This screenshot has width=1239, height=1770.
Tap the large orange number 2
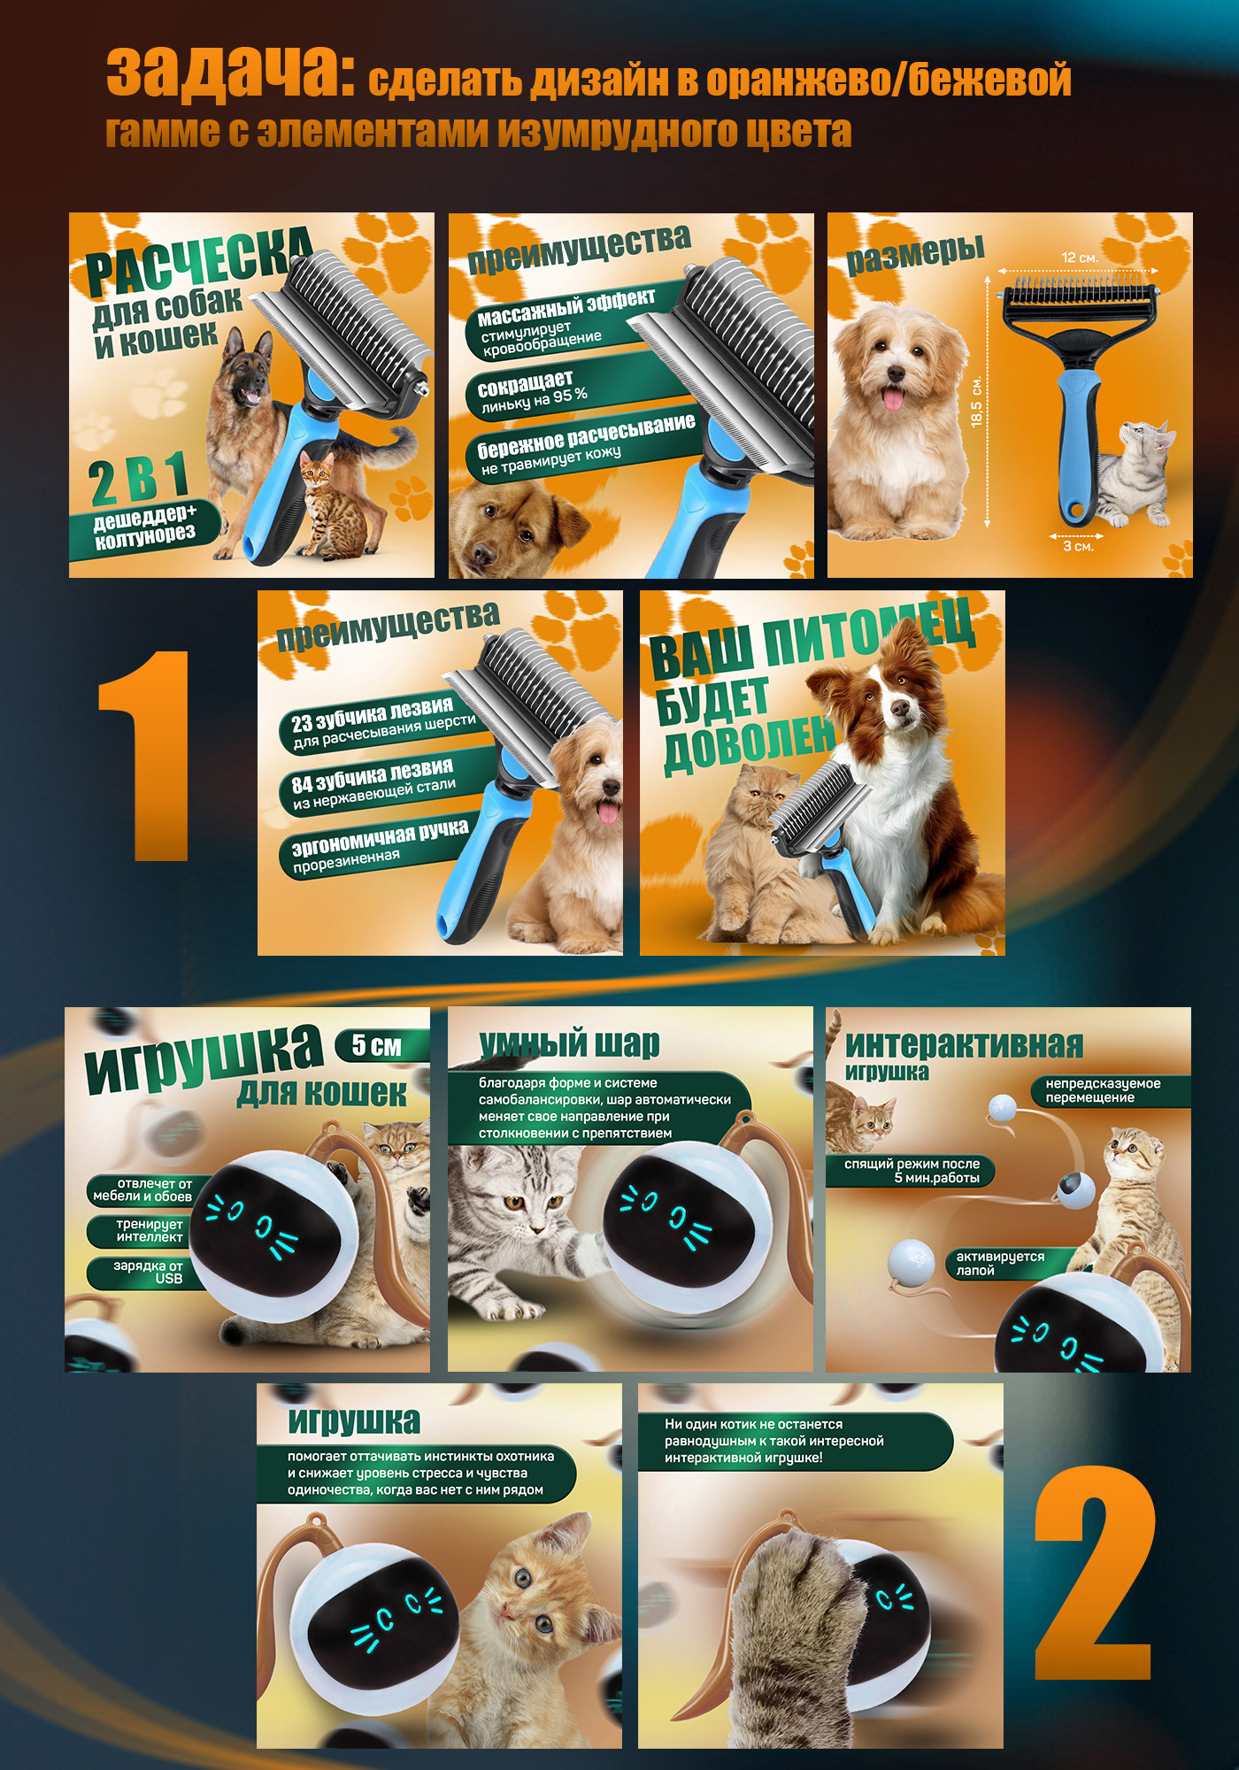[x=1095, y=1572]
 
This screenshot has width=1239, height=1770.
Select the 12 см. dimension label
[x=1079, y=258]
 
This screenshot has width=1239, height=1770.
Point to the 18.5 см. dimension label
[x=976, y=402]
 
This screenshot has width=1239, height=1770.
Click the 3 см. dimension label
[x=1078, y=547]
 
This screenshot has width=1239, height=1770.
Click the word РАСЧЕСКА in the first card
[x=198, y=261]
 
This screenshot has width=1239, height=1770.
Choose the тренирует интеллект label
[x=146, y=1231]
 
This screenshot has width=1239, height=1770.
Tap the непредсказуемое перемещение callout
[x=1110, y=1090]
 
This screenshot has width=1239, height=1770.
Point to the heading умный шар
[x=569, y=1044]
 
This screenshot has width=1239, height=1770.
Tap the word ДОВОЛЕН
[x=749, y=741]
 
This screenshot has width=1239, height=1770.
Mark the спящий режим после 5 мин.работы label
[x=912, y=1171]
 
